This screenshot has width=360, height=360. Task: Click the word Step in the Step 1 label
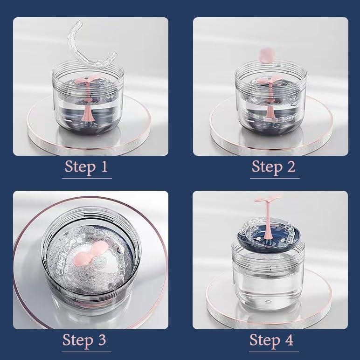pos(80,166)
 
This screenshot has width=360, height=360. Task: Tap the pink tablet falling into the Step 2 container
pos(265,54)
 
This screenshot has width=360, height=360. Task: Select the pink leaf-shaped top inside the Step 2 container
pos(269,80)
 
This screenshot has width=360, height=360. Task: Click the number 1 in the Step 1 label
pos(104,166)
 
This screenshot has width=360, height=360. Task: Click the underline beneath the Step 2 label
pos(274,178)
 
